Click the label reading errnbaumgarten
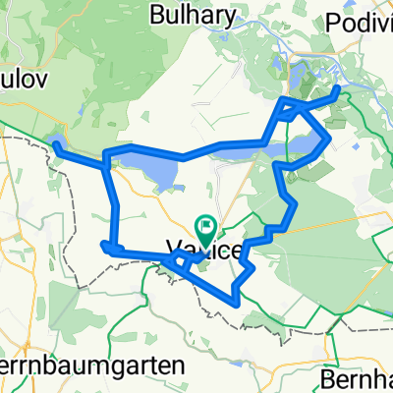92,365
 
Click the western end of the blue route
55,144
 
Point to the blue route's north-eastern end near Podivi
339,89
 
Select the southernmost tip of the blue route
234,300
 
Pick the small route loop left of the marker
181,261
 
